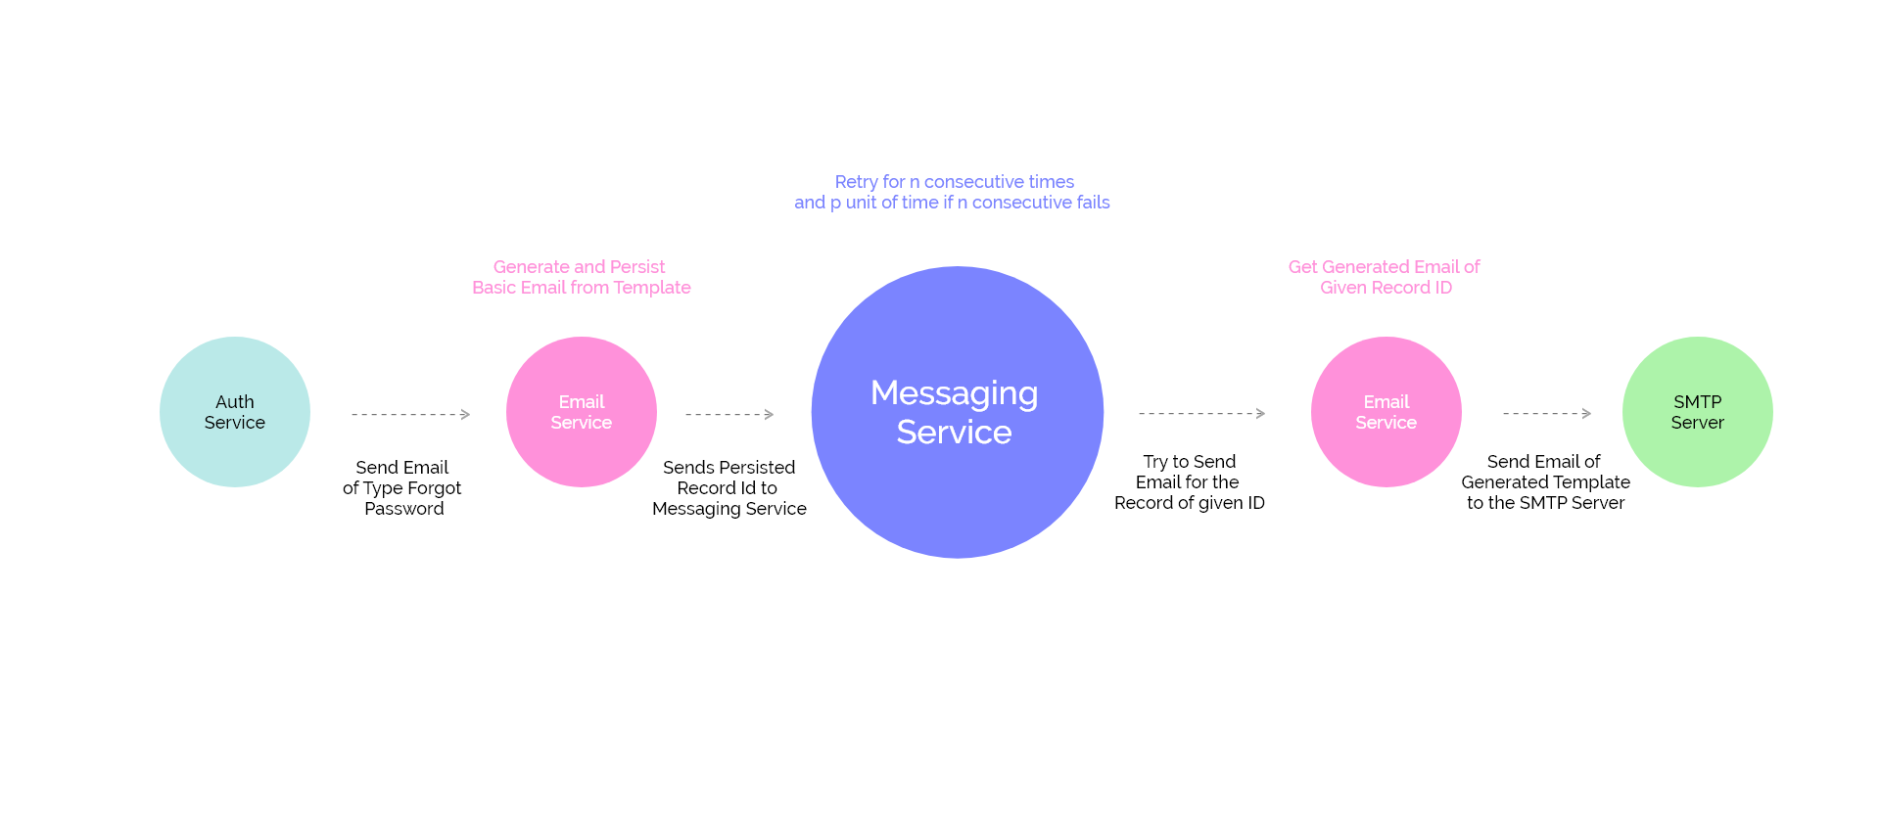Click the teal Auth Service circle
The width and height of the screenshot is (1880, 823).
[x=235, y=412]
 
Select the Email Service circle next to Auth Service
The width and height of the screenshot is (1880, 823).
[x=582, y=412]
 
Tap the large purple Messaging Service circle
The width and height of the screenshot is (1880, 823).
[x=957, y=412]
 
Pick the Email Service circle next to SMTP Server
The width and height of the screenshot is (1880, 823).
[x=1386, y=412]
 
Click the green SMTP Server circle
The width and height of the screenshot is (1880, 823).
[x=1697, y=412]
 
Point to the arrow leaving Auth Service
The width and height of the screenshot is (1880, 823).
[x=410, y=415]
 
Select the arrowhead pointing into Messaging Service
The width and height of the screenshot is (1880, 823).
[x=769, y=415]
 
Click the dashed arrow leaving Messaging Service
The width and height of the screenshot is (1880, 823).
[x=1201, y=414]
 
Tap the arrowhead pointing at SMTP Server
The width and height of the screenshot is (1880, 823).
[x=1586, y=414]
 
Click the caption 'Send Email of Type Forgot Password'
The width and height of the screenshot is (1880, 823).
[x=402, y=487]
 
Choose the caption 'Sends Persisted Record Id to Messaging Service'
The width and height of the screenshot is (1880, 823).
[x=729, y=487]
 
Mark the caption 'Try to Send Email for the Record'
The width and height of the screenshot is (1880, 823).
[x=1189, y=481]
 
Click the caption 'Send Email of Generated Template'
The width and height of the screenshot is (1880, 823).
[x=1545, y=481]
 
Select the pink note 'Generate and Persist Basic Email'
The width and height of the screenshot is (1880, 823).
[x=581, y=277]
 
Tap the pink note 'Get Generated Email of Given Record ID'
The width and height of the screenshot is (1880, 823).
[x=1385, y=277]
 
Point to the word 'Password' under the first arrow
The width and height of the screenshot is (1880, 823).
[x=404, y=509]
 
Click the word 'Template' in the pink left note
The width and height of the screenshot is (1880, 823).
[x=652, y=288]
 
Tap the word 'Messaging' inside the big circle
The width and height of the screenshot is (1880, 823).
[x=954, y=393]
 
